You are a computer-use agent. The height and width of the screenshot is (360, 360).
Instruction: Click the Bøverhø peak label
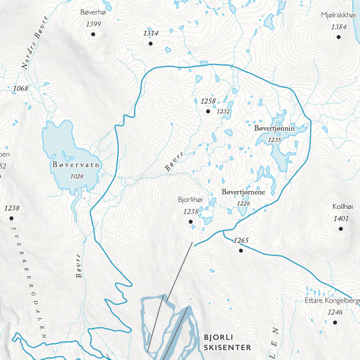click(93, 13)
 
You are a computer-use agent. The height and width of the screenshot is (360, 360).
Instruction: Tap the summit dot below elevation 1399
click(93, 34)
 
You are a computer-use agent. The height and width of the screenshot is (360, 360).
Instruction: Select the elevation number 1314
click(150, 33)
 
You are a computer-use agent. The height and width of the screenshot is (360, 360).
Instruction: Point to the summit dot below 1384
click(339, 37)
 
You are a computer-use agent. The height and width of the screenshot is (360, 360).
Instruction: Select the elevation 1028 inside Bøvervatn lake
click(77, 176)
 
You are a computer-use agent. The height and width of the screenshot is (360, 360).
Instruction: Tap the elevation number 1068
click(21, 89)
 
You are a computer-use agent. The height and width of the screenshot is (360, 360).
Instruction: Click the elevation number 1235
click(274, 140)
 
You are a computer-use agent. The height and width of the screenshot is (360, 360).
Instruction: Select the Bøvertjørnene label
click(244, 192)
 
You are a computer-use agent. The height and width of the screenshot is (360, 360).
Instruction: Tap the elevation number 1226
click(243, 203)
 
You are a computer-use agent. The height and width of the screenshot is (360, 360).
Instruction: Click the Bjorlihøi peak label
click(191, 200)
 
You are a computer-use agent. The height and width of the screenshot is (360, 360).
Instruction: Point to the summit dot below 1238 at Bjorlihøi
click(191, 222)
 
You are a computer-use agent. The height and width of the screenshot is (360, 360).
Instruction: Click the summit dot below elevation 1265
click(241, 251)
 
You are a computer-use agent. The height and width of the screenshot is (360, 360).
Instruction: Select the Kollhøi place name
click(343, 207)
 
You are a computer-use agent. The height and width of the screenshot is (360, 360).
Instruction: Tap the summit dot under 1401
click(341, 228)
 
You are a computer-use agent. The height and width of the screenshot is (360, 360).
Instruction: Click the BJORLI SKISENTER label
click(227, 343)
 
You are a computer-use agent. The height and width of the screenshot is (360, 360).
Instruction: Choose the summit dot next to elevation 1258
click(208, 111)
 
